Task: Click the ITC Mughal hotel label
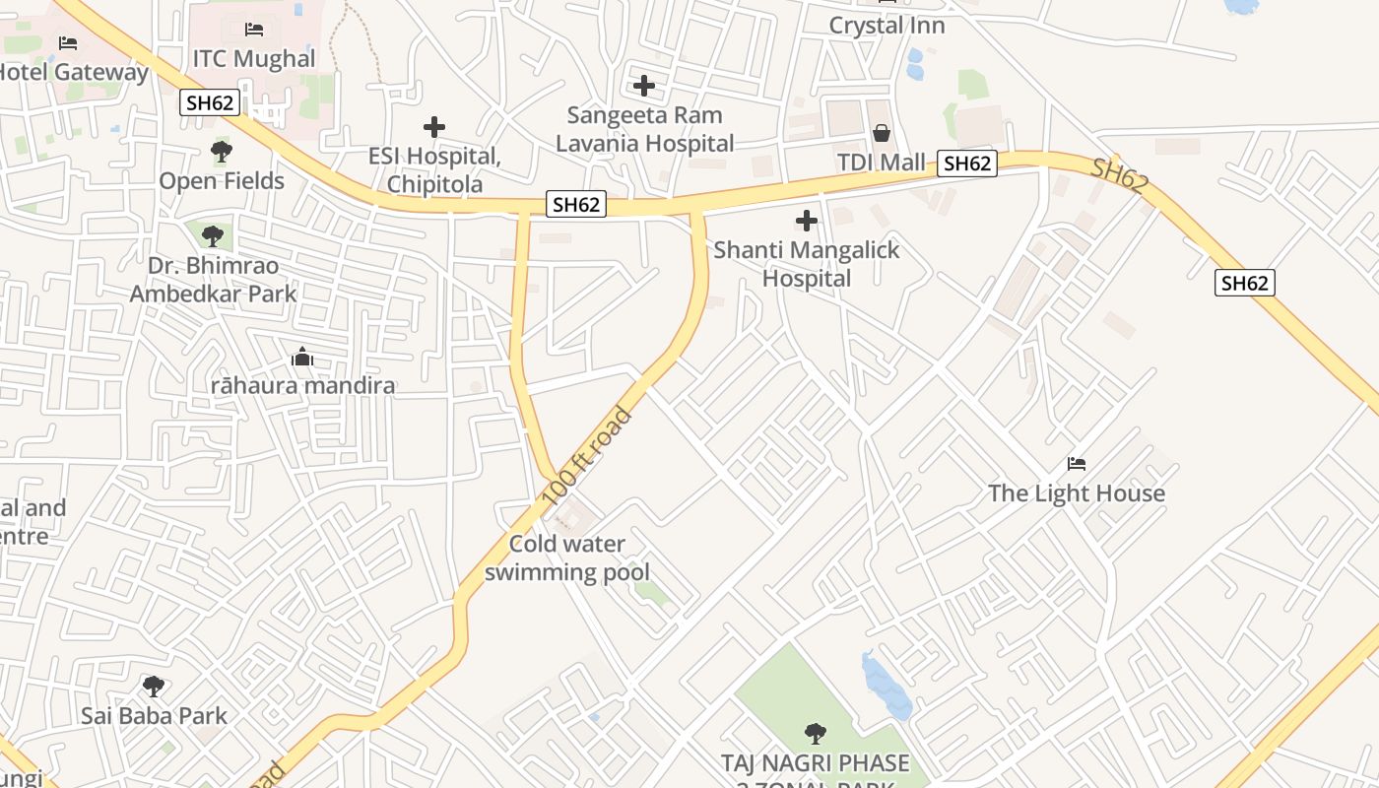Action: coord(253,58)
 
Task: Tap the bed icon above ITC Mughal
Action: coord(254,30)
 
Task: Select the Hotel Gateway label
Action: coord(71,72)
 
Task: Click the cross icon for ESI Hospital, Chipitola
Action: coord(434,127)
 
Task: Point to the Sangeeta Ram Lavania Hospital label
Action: coord(644,129)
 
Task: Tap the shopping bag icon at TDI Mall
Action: coord(882,133)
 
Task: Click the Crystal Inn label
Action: coord(886,26)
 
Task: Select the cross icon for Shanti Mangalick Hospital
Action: coord(807,221)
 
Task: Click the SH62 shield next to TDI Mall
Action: coord(966,164)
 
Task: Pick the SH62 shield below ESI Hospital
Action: coord(576,205)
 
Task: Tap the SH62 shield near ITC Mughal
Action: coord(210,102)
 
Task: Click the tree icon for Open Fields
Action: coord(222,152)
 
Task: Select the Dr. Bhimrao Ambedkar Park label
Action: coord(213,280)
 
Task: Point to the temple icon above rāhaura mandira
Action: coord(303,358)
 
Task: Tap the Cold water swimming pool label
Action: coord(567,558)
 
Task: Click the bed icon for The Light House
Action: coord(1077,464)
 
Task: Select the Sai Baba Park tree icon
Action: coord(153,687)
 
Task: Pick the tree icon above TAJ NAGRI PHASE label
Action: coord(815,734)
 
